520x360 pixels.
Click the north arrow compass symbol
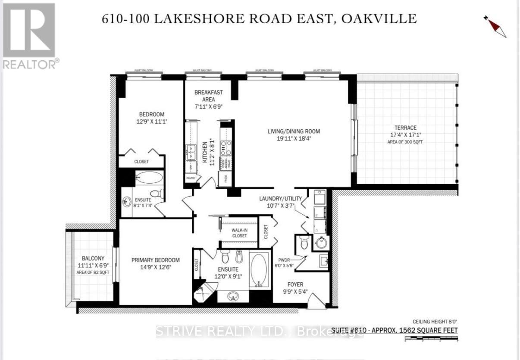click(x=495, y=26)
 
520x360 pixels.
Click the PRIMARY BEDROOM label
click(x=156, y=260)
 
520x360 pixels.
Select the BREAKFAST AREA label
click(x=209, y=96)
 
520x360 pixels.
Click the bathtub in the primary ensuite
click(x=259, y=270)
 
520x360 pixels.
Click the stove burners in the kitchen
click(x=226, y=148)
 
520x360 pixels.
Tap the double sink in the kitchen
click(x=190, y=151)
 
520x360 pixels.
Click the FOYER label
click(x=296, y=285)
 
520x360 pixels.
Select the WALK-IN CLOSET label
click(x=239, y=233)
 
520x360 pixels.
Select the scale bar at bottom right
click(x=431, y=339)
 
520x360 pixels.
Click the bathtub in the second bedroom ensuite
click(x=149, y=178)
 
